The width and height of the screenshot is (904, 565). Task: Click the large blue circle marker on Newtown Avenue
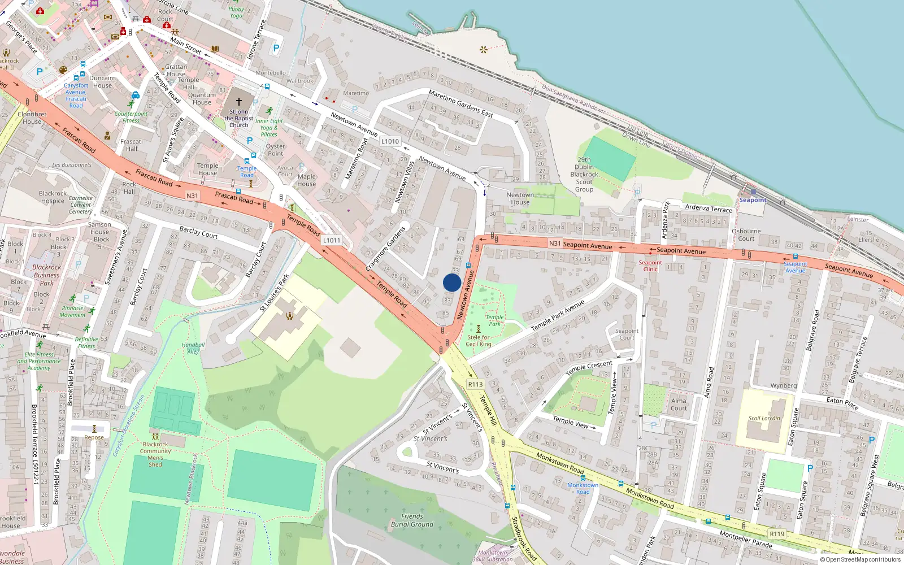click(452, 282)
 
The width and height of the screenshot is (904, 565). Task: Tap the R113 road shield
click(475, 385)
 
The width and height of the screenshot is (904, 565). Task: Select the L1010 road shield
click(390, 141)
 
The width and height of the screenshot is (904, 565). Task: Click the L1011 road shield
click(332, 240)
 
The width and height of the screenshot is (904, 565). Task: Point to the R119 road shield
click(777, 534)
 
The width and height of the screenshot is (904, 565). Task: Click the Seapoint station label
click(753, 200)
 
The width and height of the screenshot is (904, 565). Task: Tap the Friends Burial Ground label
click(412, 520)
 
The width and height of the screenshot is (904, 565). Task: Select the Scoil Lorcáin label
click(764, 419)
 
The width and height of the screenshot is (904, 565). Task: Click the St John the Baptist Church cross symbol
click(238, 102)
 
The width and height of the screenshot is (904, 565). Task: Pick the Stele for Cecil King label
click(479, 341)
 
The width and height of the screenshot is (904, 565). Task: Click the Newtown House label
click(520, 198)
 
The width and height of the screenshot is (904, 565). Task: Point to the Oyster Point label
click(276, 150)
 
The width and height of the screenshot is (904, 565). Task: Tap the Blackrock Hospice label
click(53, 197)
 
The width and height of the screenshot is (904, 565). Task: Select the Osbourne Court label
click(746, 234)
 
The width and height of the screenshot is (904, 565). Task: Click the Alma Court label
click(679, 405)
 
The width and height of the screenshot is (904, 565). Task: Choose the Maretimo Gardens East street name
click(460, 103)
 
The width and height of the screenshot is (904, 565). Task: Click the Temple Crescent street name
click(589, 368)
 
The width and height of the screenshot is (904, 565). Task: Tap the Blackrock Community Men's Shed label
click(155, 454)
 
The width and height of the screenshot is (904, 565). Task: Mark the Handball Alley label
click(193, 348)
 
